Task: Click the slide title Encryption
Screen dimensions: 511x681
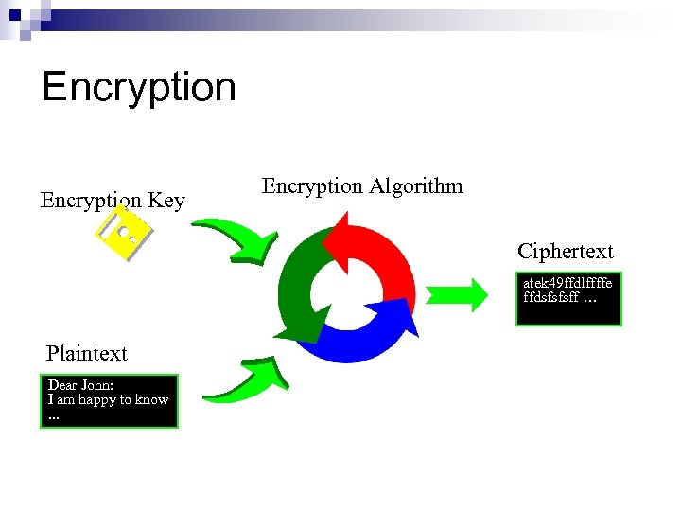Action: tap(138, 87)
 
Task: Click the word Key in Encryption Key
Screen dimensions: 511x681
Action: tap(166, 201)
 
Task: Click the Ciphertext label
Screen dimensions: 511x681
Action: tap(565, 252)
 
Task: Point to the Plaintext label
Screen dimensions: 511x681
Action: tap(86, 354)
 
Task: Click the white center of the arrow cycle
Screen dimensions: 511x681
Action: tap(350, 289)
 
